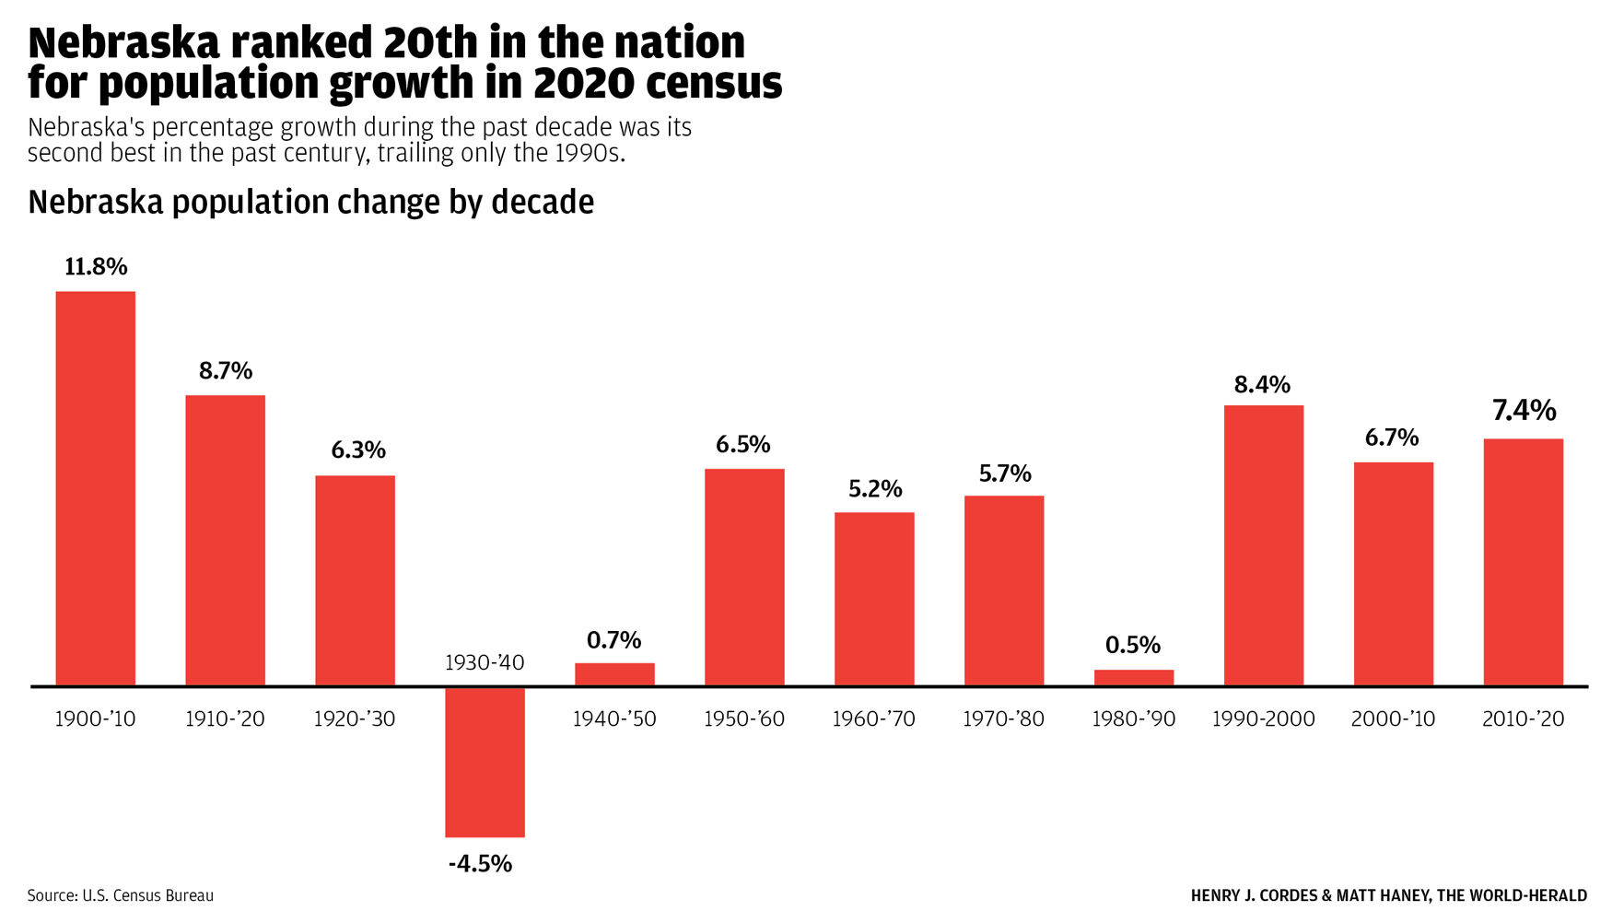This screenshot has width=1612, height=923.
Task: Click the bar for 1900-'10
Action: tap(96, 488)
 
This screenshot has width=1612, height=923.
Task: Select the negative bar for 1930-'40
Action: tap(485, 763)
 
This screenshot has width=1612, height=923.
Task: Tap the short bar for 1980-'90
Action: tap(1134, 677)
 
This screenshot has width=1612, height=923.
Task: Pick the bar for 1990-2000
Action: tap(1264, 545)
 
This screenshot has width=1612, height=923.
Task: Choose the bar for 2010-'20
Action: tap(1523, 562)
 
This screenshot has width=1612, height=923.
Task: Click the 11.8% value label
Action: tap(96, 267)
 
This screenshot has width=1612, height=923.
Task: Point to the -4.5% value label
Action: tap(480, 864)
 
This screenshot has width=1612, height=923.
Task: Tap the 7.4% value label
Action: tap(1524, 411)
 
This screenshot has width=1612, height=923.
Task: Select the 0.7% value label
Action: tap(613, 640)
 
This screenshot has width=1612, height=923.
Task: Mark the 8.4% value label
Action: tap(1262, 385)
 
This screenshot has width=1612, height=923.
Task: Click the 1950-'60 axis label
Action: tap(744, 719)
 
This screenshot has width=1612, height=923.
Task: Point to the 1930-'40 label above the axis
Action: tap(485, 663)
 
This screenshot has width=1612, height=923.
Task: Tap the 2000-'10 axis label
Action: tap(1393, 719)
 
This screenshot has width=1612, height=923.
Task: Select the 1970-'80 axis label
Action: tap(1003, 719)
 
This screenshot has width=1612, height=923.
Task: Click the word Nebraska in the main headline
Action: tap(123, 43)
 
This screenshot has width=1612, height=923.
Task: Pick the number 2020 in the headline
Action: tap(583, 84)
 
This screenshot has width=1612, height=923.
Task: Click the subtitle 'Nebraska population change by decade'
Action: tap(310, 202)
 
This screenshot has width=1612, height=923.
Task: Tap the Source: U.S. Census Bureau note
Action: tap(120, 895)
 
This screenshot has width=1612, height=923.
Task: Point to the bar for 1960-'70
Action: tap(874, 599)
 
